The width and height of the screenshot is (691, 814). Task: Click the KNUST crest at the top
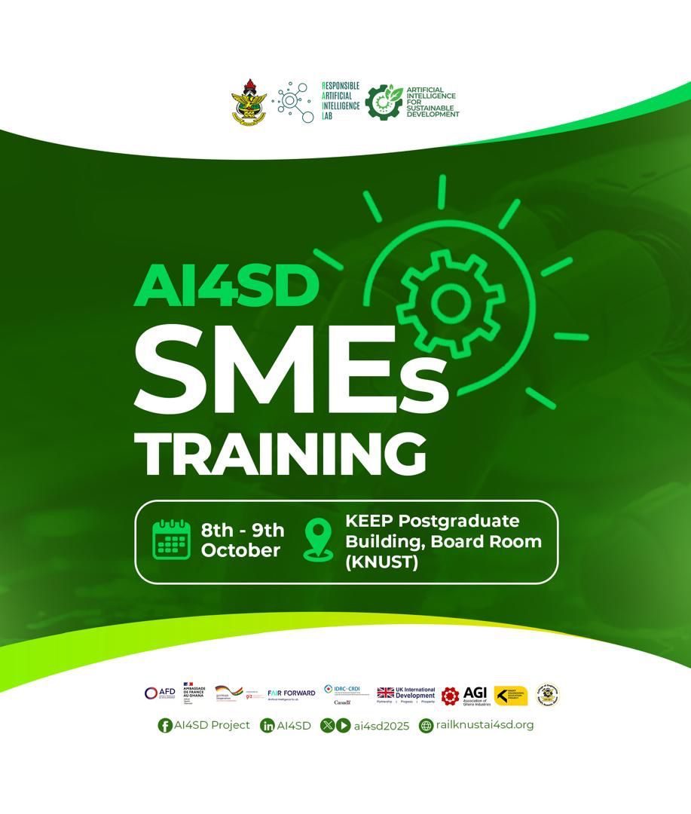pyautogui.click(x=249, y=102)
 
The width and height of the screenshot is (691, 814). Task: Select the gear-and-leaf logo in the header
pyautogui.click(x=384, y=102)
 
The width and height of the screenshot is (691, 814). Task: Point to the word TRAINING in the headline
pyautogui.click(x=285, y=454)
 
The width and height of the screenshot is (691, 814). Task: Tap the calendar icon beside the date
pyautogui.click(x=172, y=540)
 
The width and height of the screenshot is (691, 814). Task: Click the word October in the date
pyautogui.click(x=240, y=551)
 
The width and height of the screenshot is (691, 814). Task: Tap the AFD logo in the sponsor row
pyautogui.click(x=160, y=693)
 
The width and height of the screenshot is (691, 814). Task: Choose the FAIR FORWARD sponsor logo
pyautogui.click(x=291, y=693)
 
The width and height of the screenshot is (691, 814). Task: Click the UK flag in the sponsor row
pyautogui.click(x=385, y=693)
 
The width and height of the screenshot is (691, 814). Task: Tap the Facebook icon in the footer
pyautogui.click(x=164, y=726)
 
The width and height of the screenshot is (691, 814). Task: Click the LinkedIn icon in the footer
pyautogui.click(x=267, y=726)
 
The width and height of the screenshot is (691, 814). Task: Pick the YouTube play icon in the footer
pyautogui.click(x=343, y=726)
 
